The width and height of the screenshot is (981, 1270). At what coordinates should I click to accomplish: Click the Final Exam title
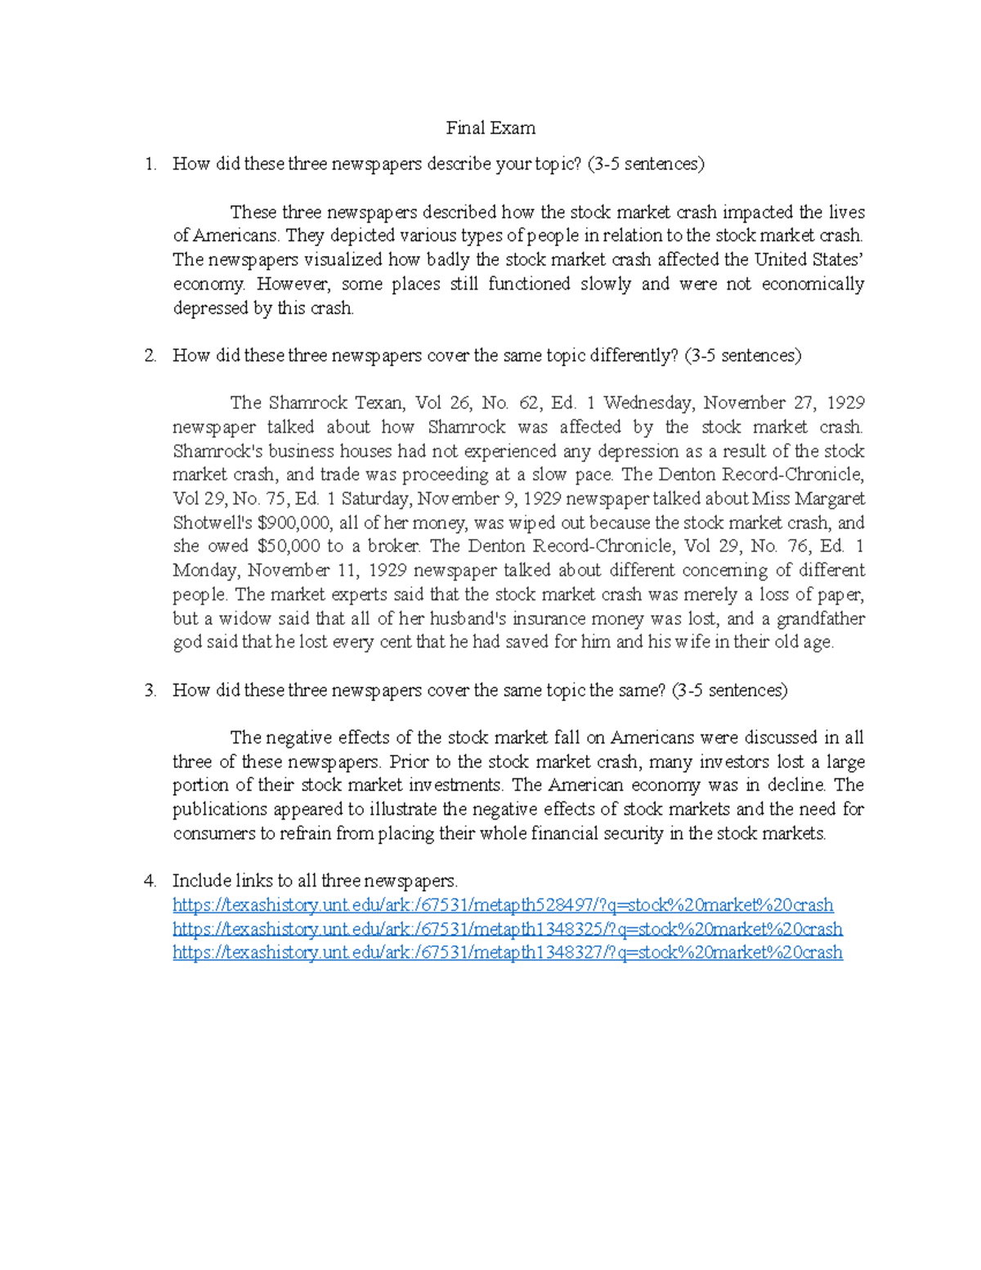tap(490, 128)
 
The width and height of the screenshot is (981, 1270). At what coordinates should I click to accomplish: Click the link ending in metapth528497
tap(503, 905)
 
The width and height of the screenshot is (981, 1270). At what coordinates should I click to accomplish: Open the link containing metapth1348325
tap(507, 929)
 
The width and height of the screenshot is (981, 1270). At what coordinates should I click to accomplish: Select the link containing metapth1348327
tap(507, 953)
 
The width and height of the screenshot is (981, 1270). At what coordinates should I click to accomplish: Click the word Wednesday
tap(649, 403)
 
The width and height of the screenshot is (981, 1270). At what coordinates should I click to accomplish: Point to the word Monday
tap(204, 571)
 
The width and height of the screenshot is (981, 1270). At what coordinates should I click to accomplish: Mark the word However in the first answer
tap(293, 285)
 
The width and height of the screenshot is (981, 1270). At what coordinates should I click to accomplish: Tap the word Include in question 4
tap(201, 882)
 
